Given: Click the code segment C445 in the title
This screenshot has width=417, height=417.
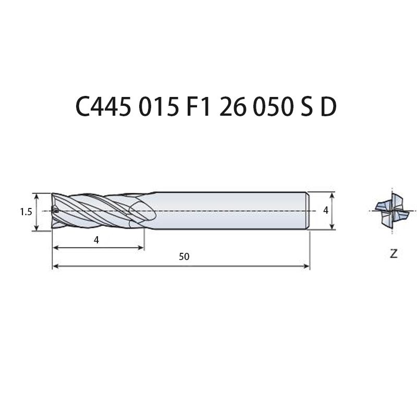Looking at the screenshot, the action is point(103,106).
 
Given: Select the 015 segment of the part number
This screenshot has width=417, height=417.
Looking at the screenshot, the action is point(158,106).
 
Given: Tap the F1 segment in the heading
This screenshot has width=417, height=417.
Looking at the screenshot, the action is point(198,106).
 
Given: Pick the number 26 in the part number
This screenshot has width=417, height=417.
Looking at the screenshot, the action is point(232,106).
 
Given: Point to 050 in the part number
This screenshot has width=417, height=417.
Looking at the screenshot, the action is point(273,106).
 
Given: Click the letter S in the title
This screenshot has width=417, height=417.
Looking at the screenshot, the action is point(307,106).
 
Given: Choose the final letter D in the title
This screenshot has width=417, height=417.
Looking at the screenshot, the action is point(329,106).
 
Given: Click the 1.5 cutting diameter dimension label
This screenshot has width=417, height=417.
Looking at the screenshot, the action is point(26,212).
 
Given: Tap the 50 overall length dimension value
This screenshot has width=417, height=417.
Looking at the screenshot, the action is point(184,256).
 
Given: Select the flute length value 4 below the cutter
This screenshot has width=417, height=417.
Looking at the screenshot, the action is point(96,240).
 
